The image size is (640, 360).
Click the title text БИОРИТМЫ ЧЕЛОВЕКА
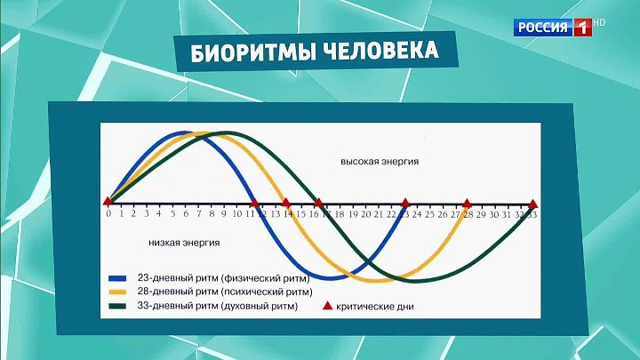pyautogui.click(x=315, y=52)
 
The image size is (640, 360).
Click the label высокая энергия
pyautogui.click(x=380, y=162)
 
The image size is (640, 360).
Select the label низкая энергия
pyautogui.click(x=184, y=243)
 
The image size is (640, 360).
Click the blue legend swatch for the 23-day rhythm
pyautogui.click(x=117, y=279)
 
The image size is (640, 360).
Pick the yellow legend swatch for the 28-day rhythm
pyautogui.click(x=117, y=292)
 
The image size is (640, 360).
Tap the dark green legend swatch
pyautogui.click(x=117, y=306)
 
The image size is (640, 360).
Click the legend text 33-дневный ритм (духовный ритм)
pyautogui.click(x=218, y=306)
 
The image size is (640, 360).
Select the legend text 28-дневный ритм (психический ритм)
pyautogui.click(x=225, y=292)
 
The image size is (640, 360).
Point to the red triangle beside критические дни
pyautogui.click(x=327, y=306)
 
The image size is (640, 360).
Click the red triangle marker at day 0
pyautogui.click(x=108, y=201)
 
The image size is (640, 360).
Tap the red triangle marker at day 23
pyautogui.click(x=405, y=203)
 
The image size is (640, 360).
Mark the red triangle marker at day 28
pyautogui.click(x=467, y=204)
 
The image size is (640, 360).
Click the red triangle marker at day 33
pyautogui.click(x=532, y=204)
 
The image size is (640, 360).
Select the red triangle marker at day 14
pyautogui.click(x=285, y=203)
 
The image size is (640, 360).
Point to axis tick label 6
pyautogui.click(x=186, y=214)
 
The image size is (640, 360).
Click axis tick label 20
pyautogui.click(x=366, y=215)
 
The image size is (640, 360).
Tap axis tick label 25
pyautogui.click(x=430, y=215)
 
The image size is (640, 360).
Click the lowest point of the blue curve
pyautogui.click(x=331, y=278)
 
